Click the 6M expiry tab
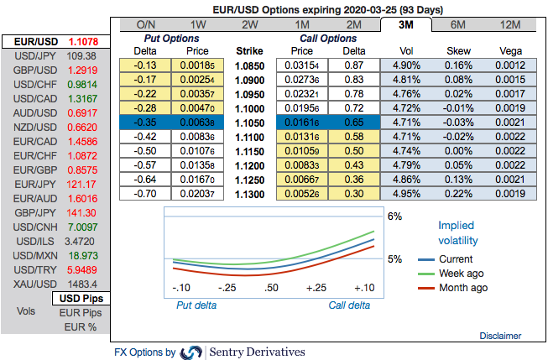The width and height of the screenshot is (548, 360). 459,24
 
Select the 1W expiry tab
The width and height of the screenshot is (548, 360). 198,24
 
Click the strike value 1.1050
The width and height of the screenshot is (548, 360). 250,122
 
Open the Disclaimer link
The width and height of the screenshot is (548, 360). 500,336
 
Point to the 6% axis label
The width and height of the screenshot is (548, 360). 395,217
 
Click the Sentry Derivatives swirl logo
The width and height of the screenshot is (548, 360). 191,352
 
